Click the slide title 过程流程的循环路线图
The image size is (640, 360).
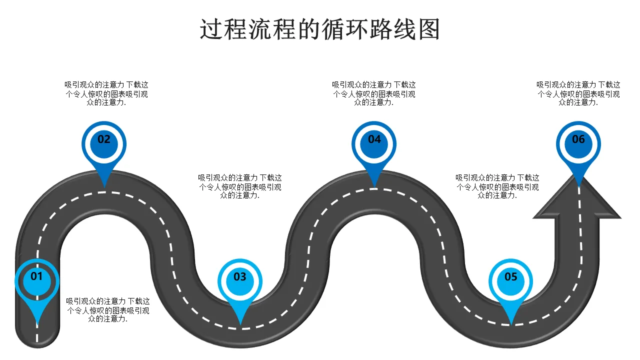[320, 29]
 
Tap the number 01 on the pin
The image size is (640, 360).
[37, 276]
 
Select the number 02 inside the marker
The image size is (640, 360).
[104, 139]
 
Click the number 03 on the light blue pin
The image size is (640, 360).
[240, 276]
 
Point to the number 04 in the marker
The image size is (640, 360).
[374, 139]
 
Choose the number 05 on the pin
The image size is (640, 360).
[511, 276]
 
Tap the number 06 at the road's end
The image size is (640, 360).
[578, 139]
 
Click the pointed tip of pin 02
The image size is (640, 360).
[104, 187]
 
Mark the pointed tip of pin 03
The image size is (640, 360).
[240, 324]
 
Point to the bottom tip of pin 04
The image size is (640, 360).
[374, 187]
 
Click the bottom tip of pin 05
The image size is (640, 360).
[511, 324]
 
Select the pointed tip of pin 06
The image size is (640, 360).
[578, 187]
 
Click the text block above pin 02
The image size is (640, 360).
[106, 93]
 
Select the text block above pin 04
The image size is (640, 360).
[374, 93]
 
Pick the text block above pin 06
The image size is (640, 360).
[578, 93]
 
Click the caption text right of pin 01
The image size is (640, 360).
[108, 310]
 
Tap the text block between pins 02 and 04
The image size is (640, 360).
[240, 186]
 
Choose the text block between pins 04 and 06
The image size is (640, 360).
[497, 186]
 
